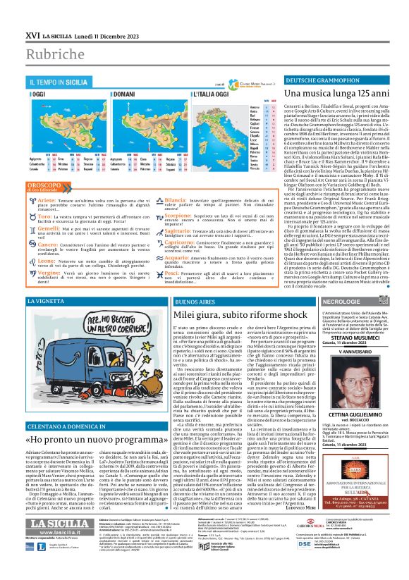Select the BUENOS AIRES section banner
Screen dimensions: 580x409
[x=190, y=300]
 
